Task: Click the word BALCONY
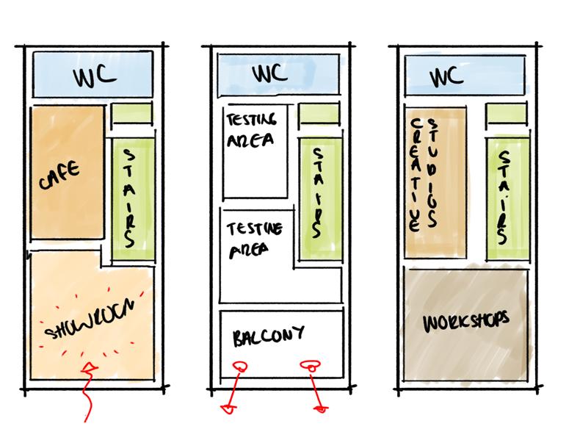[x=269, y=338]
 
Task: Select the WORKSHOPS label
[x=466, y=322]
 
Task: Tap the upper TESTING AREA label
[x=252, y=129]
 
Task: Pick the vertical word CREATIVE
[x=416, y=174]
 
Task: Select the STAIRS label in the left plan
[x=130, y=198]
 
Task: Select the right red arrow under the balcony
[x=315, y=385]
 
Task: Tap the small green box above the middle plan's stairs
[x=319, y=115]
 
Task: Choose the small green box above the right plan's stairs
[x=506, y=114]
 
